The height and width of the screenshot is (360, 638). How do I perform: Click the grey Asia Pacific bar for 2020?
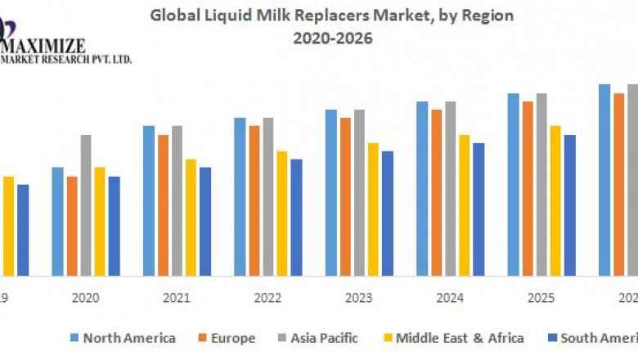point(86,205)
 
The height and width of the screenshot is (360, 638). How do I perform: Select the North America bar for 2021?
point(149,200)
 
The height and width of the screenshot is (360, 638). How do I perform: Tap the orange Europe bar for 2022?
point(254,200)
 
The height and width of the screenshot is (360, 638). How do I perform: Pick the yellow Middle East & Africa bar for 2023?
point(373,209)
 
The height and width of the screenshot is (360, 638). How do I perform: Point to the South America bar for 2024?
point(478,209)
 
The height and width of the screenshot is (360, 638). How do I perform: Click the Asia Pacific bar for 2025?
point(541,185)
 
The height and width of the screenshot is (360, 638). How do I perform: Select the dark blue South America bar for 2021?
point(205,222)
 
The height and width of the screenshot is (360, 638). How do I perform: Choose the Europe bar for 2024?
point(437,192)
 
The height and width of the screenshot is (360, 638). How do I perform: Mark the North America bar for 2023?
point(330,192)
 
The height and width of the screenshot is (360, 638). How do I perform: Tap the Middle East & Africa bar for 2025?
point(555,200)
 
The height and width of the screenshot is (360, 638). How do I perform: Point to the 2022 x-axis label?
point(268,298)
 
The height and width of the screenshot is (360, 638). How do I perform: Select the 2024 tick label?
point(451,298)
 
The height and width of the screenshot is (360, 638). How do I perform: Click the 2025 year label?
point(541,298)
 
